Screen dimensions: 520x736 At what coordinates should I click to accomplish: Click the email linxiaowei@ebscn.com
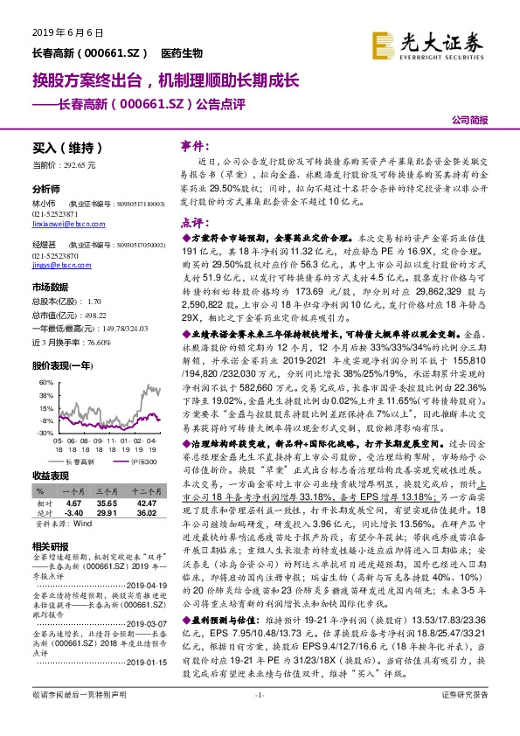tap(64, 223)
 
